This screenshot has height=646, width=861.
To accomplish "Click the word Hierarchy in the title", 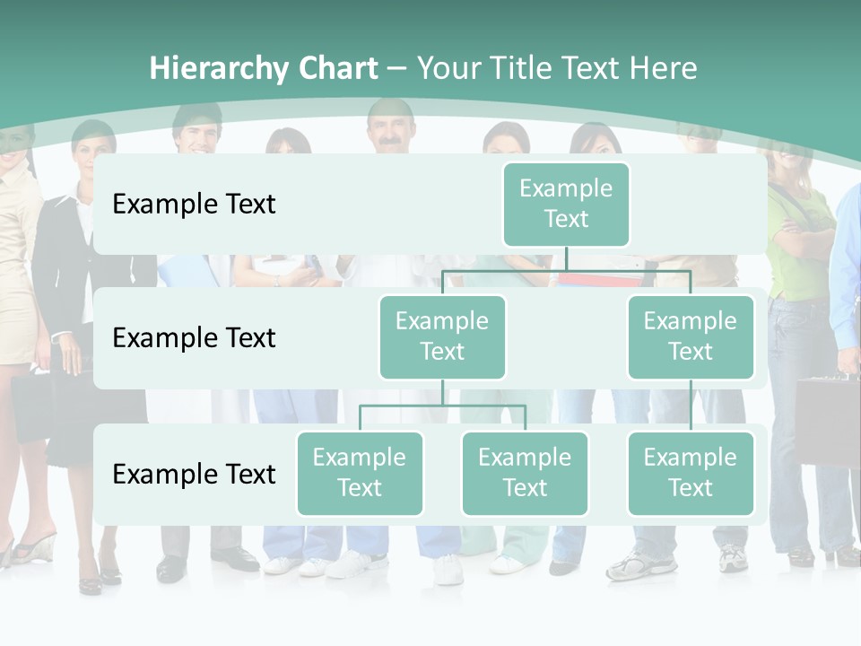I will pyautogui.click(x=219, y=69).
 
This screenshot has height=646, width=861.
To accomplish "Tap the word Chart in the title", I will pyautogui.click(x=337, y=69).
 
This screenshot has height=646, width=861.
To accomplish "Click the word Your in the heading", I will pyautogui.click(x=449, y=69).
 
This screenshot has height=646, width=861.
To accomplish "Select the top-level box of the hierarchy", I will pyautogui.click(x=566, y=204).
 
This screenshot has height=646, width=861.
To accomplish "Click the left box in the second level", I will pyautogui.click(x=442, y=336).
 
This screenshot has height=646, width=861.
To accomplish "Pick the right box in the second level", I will pyautogui.click(x=691, y=336).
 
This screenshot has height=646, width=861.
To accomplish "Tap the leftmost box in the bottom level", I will pyautogui.click(x=360, y=473).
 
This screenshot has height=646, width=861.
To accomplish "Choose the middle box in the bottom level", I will pyautogui.click(x=525, y=473).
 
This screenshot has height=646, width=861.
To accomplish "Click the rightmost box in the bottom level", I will pyautogui.click(x=691, y=473).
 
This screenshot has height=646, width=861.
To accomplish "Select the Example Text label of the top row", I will pyautogui.click(x=194, y=205).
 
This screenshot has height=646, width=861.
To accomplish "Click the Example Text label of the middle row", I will pyautogui.click(x=194, y=338).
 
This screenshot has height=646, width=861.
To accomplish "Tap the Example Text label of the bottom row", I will pyautogui.click(x=194, y=474).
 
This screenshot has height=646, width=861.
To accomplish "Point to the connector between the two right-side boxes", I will pyautogui.click(x=691, y=406).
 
